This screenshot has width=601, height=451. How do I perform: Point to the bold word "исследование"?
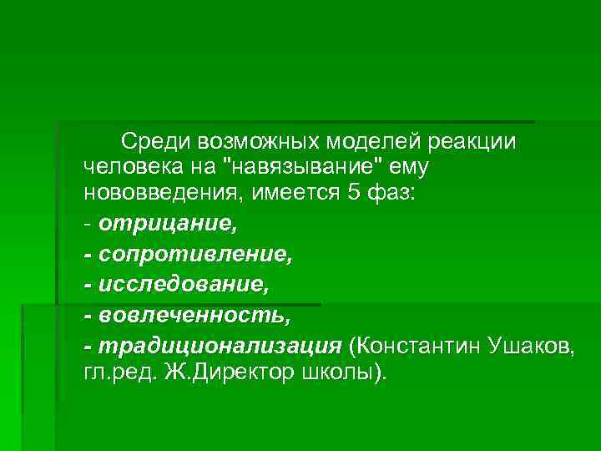183,285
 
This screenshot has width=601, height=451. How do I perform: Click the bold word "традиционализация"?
220,346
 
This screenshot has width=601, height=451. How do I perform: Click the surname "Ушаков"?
531,346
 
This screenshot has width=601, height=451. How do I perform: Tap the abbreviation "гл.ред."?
119,372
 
